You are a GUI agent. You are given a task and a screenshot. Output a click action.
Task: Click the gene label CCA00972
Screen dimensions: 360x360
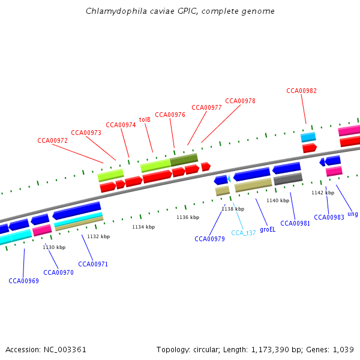(52, 140)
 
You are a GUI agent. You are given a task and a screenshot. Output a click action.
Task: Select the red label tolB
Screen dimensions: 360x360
(145, 119)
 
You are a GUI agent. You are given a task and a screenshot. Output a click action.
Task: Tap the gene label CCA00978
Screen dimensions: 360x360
(240, 101)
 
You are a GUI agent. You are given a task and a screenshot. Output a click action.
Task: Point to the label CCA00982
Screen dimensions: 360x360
(301, 91)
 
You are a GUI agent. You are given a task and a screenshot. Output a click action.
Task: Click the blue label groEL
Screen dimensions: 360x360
(268, 229)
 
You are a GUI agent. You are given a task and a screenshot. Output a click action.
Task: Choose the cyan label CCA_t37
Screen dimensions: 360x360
(244, 233)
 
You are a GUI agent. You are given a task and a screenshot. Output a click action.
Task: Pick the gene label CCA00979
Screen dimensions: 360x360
(209, 239)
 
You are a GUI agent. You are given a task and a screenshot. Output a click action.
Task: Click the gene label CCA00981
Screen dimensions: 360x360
(295, 223)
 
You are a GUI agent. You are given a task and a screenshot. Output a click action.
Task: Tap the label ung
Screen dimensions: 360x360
(352, 214)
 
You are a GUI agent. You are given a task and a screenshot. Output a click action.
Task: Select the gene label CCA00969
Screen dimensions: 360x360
(23, 280)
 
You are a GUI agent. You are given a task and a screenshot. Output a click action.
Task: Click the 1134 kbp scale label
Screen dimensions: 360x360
(143, 227)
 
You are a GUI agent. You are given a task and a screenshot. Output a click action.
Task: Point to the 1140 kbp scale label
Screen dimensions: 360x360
(278, 200)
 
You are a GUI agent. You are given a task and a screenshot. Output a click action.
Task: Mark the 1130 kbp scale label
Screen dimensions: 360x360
(53, 247)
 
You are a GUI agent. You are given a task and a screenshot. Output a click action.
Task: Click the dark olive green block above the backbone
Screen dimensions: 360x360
(184, 160)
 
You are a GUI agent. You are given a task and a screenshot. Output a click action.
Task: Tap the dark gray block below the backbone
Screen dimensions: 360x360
(288, 179)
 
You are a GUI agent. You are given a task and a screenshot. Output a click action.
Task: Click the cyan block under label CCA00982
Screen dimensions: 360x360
(308, 137)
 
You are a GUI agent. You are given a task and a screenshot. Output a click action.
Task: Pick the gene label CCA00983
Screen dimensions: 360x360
(329, 217)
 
